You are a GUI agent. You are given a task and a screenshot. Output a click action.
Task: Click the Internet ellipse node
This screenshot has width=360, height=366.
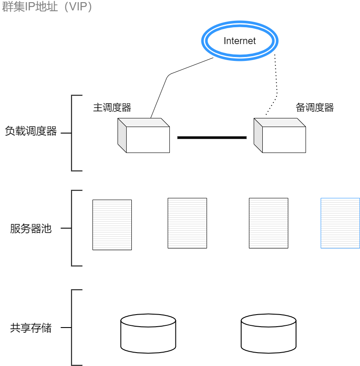[x=240, y=41]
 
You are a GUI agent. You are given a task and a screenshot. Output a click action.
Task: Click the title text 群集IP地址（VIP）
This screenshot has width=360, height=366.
[x=48, y=7]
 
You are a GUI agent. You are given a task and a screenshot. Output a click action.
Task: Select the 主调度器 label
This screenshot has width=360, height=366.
[x=112, y=108]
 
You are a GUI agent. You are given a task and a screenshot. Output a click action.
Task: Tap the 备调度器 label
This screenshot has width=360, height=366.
[x=315, y=108]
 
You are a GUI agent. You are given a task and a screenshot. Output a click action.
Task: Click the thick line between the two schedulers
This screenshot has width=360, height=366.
[x=212, y=137]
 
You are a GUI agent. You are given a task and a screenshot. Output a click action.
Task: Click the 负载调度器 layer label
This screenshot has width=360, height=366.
[x=31, y=131]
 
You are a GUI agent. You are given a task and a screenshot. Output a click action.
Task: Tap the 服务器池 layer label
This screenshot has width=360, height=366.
[x=31, y=229]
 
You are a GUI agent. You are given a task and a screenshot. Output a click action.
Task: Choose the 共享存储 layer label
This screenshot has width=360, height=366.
[x=31, y=328]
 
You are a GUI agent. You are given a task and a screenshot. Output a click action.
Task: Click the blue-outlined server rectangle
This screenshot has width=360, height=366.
[x=340, y=223]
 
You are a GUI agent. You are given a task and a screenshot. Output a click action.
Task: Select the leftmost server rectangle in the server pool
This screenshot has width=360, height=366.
[x=112, y=225]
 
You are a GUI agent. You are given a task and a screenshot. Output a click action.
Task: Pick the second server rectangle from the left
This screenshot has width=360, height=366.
[x=187, y=223]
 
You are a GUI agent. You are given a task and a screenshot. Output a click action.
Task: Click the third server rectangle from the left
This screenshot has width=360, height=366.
[x=268, y=223]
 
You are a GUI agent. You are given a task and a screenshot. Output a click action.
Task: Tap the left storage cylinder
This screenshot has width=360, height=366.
[x=148, y=334]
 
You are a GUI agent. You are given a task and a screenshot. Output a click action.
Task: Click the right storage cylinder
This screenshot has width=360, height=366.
[x=268, y=334]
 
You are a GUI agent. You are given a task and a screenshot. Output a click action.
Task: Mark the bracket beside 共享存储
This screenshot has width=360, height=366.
[x=72, y=328]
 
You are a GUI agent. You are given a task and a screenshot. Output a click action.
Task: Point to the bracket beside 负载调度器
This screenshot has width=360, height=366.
[x=72, y=133]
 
